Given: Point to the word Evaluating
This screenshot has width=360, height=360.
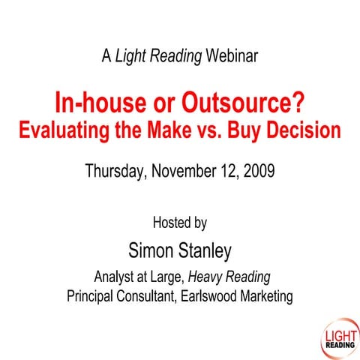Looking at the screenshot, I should (x=65, y=129).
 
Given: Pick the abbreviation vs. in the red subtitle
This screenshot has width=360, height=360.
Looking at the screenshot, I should (x=216, y=129).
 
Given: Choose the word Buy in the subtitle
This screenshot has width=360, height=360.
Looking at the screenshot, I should (x=253, y=129).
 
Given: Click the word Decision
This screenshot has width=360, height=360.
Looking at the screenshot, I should (x=308, y=129).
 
